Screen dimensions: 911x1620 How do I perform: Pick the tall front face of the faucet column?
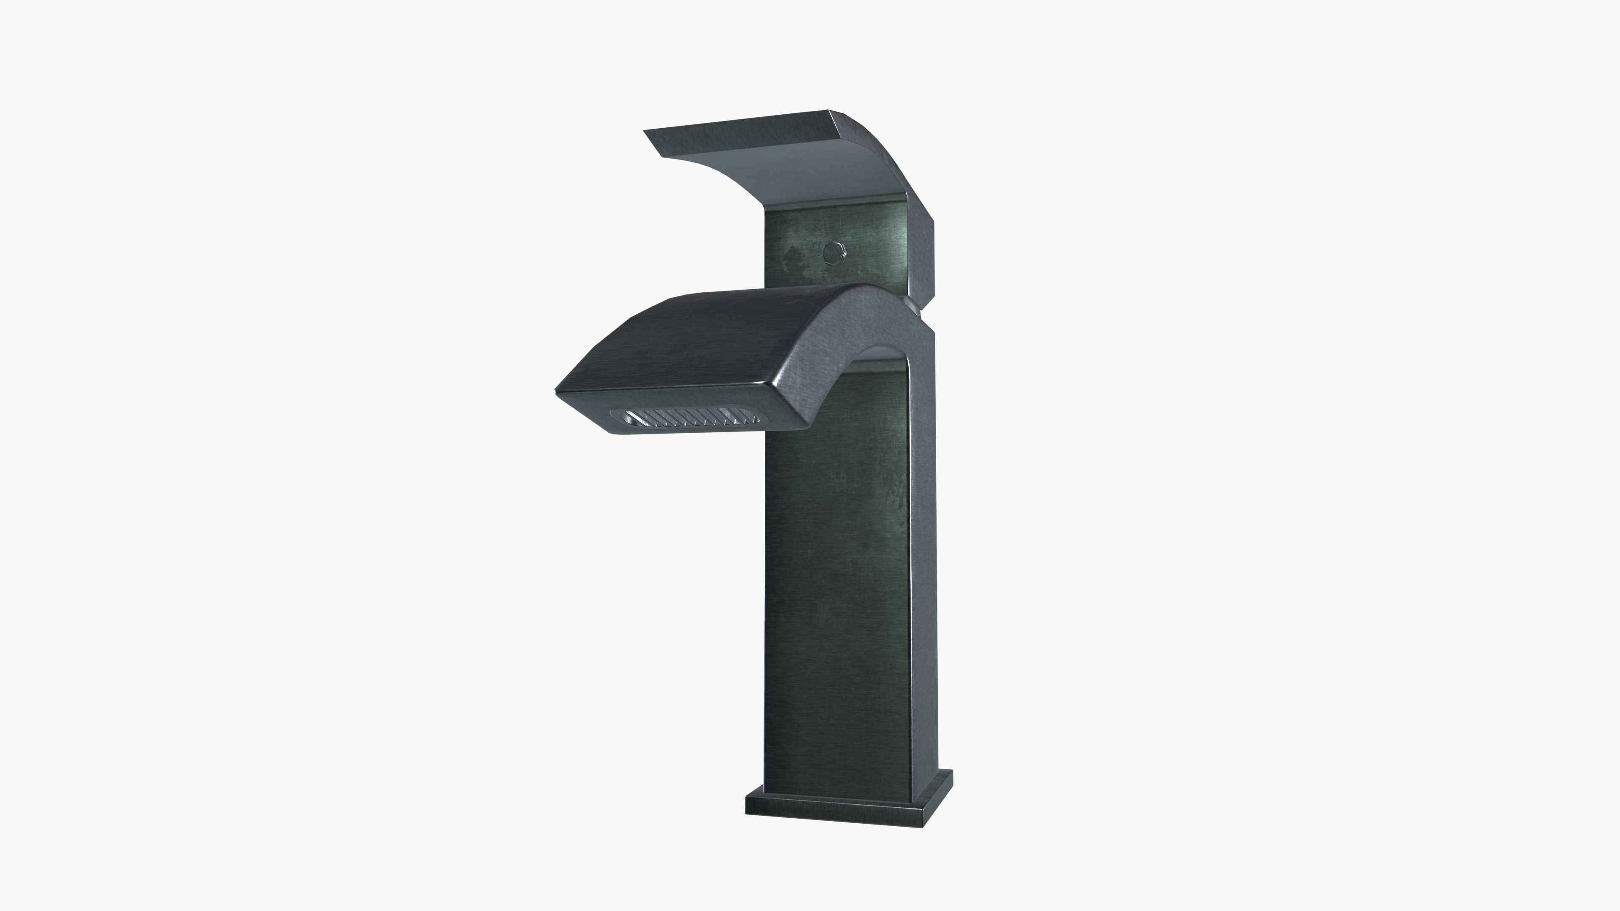click(837, 566)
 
